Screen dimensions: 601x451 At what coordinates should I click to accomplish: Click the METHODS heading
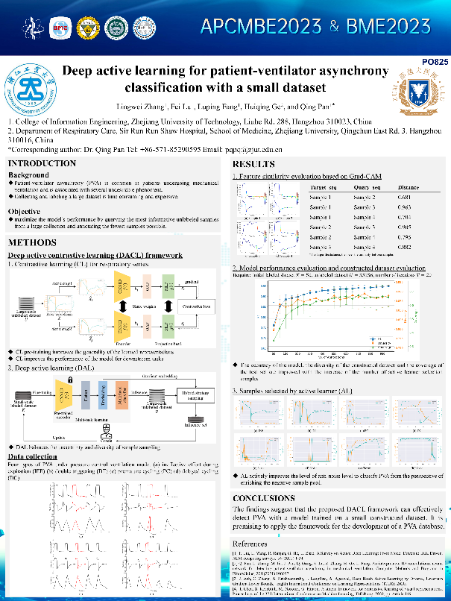[31, 243]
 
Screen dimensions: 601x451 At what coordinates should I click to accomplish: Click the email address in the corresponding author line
[214, 149]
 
